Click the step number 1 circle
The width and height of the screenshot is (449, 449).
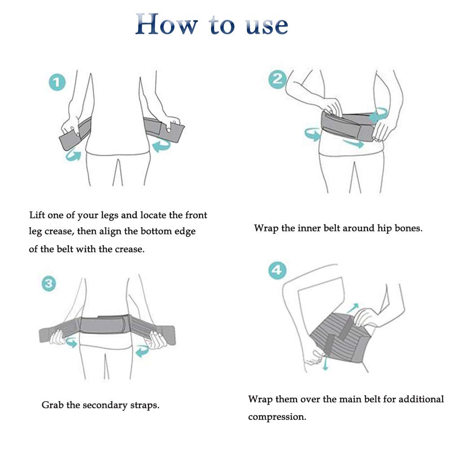click(x=57, y=83)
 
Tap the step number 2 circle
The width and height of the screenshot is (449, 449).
click(x=277, y=79)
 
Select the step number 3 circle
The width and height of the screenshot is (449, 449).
click(x=49, y=283)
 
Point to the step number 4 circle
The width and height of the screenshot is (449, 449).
click(x=277, y=270)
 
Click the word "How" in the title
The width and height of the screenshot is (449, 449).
click(x=167, y=24)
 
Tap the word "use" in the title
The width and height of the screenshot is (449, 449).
click(x=267, y=26)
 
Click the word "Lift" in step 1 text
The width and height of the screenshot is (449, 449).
click(x=37, y=215)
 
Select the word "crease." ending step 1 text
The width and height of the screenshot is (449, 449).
click(x=130, y=249)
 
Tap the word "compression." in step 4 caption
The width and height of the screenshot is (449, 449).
click(x=277, y=417)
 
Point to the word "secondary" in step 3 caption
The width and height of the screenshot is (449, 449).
click(x=105, y=405)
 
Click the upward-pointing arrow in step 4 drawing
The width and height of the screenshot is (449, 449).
click(x=353, y=308)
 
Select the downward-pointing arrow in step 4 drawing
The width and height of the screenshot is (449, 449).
click(x=325, y=363)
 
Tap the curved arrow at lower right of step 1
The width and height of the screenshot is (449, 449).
click(x=161, y=145)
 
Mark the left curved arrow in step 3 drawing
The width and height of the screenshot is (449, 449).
click(x=71, y=343)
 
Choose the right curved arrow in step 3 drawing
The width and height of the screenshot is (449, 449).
click(x=142, y=351)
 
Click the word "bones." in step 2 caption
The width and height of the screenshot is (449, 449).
click(x=408, y=228)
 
